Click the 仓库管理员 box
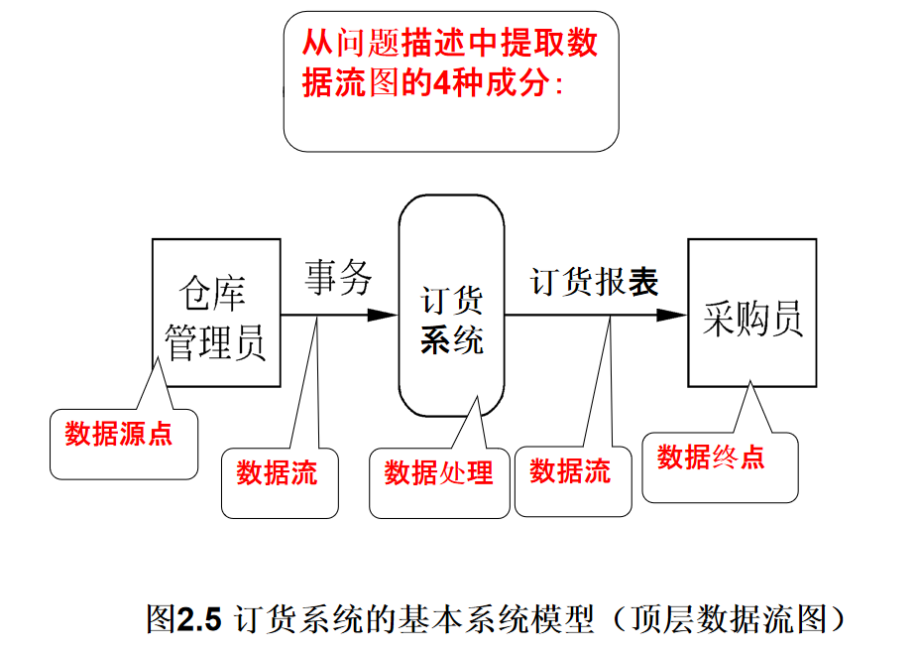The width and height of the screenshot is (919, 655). tap(215, 314)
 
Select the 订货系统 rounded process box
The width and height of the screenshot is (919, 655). tap(451, 307)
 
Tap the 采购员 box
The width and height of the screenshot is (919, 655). tap(752, 313)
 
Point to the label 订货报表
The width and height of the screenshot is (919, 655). tap(594, 282)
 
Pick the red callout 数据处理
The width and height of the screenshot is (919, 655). tap(438, 473)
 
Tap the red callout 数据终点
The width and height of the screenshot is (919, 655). tap(711, 458)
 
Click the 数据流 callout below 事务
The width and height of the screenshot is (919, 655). tap(277, 473)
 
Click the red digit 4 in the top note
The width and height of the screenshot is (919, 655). tap(440, 84)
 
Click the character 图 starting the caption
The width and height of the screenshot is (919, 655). tap(161, 620)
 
